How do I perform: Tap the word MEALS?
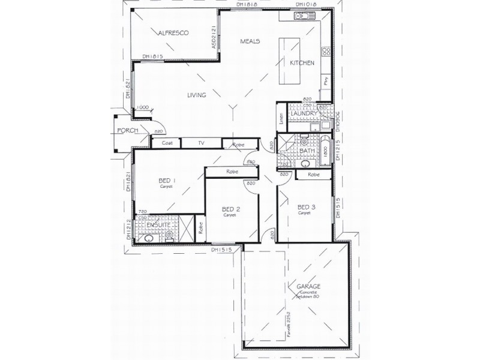(250, 41)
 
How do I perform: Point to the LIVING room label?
(196, 95)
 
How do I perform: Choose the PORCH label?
(128, 130)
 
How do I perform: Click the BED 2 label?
(230, 209)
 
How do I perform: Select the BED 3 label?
(306, 207)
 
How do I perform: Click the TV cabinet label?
(201, 143)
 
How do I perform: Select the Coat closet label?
(167, 143)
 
